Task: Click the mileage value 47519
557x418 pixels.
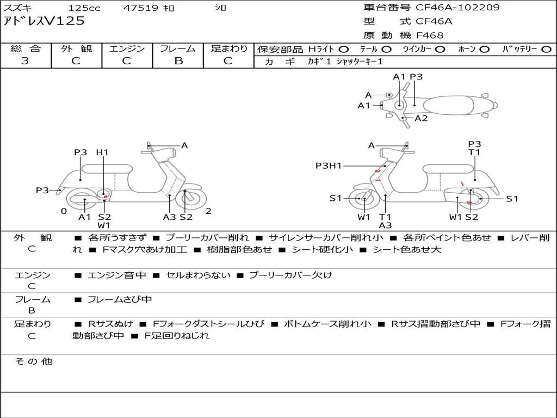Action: (141, 8)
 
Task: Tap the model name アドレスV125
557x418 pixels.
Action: (45, 21)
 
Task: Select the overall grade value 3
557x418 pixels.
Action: (25, 61)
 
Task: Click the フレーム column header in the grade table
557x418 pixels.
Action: (178, 48)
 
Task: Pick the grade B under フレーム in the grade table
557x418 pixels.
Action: (178, 61)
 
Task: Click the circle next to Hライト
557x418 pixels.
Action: (344, 49)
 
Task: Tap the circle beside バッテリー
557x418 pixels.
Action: (546, 49)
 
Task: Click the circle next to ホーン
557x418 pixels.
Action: (484, 49)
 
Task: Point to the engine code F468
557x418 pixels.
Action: (430, 35)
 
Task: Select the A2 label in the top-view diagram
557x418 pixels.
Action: (421, 118)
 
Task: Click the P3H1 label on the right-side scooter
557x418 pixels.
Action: (328, 166)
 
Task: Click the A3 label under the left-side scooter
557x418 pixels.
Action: (169, 217)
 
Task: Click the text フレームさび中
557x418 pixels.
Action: (120, 299)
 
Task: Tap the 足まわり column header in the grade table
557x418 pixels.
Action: (229, 48)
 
